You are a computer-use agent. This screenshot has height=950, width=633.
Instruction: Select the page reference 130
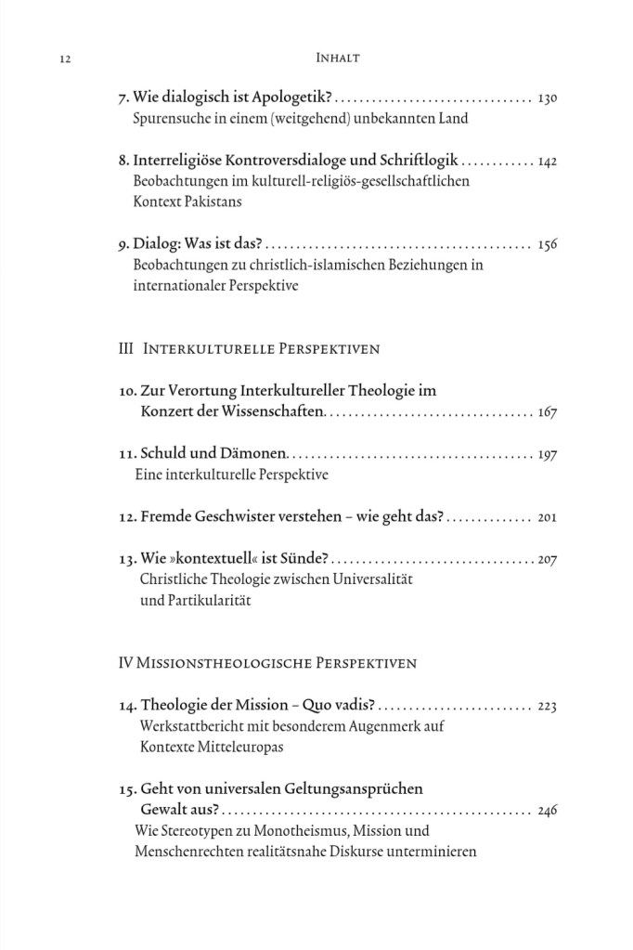pyautogui.click(x=547, y=98)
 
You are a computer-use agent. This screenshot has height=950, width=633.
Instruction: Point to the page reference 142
pyautogui.click(x=547, y=161)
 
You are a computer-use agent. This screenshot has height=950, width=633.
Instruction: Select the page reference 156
pyautogui.click(x=547, y=245)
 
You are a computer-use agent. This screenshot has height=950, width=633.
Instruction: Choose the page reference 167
pyautogui.click(x=547, y=412)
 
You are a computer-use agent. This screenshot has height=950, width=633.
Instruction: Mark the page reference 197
pyautogui.click(x=547, y=455)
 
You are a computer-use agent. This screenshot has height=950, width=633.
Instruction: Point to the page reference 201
pyautogui.click(x=547, y=517)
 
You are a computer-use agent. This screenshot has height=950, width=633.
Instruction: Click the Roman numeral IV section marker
pyautogui.click(x=127, y=664)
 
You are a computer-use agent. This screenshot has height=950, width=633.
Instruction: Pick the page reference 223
pyautogui.click(x=547, y=707)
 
